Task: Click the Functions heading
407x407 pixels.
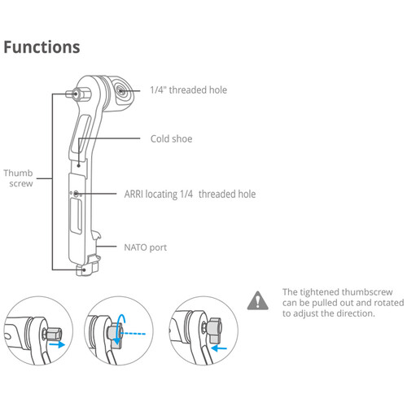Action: tap(42, 47)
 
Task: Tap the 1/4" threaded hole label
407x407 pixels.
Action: tap(189, 90)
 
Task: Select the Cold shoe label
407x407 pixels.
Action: tap(172, 139)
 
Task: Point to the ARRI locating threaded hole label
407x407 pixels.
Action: tap(190, 195)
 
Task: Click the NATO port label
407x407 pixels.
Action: tap(146, 247)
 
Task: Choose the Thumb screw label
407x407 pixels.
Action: tap(18, 178)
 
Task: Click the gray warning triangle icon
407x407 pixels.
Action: tap(258, 300)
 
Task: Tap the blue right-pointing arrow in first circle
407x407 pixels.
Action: tap(57, 344)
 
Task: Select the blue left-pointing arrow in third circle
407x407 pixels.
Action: tap(219, 348)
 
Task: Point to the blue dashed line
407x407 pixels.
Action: tap(133, 334)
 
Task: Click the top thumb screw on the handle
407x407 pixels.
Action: tap(78, 94)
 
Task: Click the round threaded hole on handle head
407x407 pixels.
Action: tap(121, 90)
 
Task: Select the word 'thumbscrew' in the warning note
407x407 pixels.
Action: tap(367, 292)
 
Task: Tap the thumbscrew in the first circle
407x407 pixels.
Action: tap(54, 334)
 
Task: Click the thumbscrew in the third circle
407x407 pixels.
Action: tap(214, 330)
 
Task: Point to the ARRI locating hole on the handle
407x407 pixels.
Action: tap(77, 194)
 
